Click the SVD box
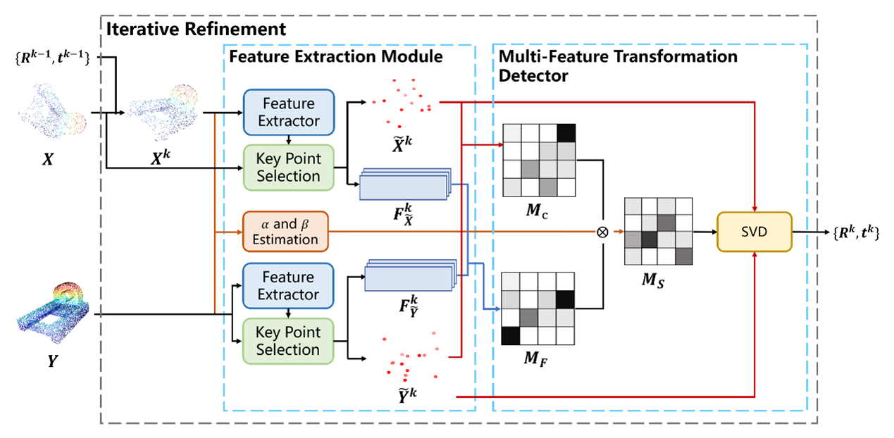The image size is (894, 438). pyautogui.click(x=754, y=232)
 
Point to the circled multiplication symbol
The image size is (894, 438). pyautogui.click(x=602, y=232)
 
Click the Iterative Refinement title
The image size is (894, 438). pyautogui.click(x=195, y=29)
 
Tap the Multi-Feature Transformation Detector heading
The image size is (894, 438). pyautogui.click(x=617, y=65)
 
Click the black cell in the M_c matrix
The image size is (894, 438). pyautogui.click(x=566, y=132)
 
